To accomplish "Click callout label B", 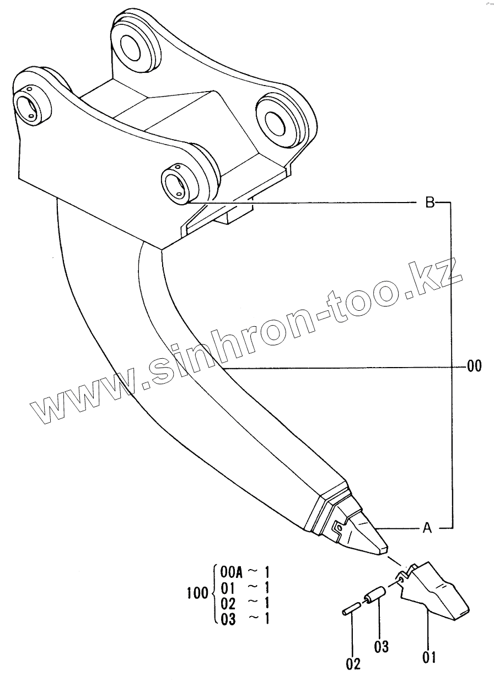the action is click(429, 203).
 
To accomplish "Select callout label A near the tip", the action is click(426, 529).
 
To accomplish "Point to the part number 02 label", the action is click(353, 663).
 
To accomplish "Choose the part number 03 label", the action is click(382, 646).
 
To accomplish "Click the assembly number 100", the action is click(198, 594).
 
